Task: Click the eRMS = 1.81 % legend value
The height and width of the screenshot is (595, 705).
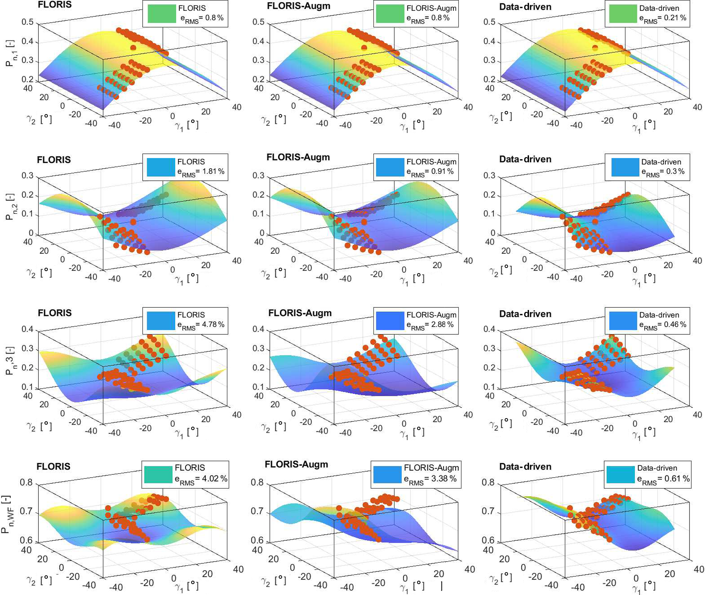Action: pos(201,172)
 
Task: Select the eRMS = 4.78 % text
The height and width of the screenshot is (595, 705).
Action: pos(201,325)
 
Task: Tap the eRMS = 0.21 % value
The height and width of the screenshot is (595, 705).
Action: pos(663,18)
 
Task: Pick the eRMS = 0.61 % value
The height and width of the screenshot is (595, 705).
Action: pos(663,479)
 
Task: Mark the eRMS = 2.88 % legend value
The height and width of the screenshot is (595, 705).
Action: pos(430,325)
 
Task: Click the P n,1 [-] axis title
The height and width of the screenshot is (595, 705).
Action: pos(10,53)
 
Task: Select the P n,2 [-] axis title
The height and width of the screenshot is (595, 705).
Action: pos(10,206)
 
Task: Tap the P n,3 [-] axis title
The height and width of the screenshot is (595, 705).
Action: pos(10,360)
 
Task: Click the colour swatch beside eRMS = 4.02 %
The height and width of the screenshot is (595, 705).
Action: pos(158,474)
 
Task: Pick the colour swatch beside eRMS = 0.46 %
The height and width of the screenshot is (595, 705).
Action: pos(623,321)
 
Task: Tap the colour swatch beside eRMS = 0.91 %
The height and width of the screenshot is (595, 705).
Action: pos(390,167)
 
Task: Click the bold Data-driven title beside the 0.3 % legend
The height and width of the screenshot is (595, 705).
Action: pos(525,159)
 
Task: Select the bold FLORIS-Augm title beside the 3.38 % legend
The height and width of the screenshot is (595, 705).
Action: pos(296,465)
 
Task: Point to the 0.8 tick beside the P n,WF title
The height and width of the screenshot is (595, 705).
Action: pos(26,483)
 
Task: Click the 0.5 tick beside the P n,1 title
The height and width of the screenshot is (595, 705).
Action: pos(27,22)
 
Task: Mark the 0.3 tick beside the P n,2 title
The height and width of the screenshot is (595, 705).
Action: pos(27,175)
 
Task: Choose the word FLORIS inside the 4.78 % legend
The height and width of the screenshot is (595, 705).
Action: pos(191,315)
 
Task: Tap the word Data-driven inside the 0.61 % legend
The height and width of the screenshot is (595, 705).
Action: pos(657,468)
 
